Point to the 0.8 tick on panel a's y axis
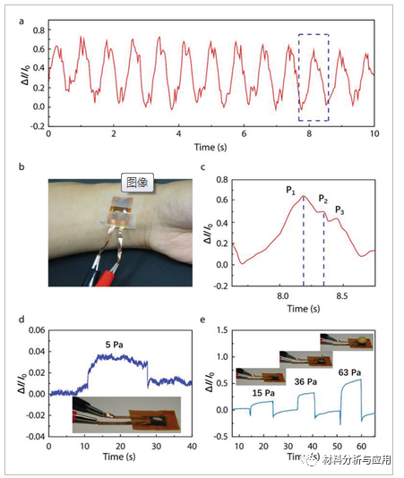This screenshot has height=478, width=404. point(39,30)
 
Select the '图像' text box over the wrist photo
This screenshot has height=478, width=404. point(139,182)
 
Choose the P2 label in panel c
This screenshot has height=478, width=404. point(324,199)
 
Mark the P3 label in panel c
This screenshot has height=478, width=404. point(340,210)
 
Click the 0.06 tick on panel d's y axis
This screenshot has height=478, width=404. point(37,330)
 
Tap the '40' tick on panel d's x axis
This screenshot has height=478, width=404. point(191,447)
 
